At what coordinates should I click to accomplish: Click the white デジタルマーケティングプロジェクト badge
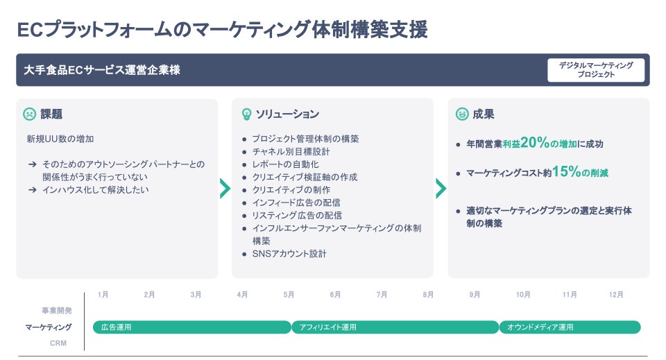point(596,70)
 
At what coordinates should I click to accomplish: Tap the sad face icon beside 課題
point(29,114)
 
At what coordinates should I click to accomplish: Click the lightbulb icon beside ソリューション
point(246,114)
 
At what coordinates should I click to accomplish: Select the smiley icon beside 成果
point(462,114)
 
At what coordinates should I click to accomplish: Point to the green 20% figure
point(534,143)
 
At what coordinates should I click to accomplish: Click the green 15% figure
point(566,172)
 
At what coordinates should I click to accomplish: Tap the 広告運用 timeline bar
point(191,327)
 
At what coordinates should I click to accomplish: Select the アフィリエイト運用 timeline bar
point(395,327)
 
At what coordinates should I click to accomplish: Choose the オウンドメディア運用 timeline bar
point(570,327)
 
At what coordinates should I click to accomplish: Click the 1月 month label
point(103,295)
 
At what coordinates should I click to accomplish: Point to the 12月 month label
point(616,295)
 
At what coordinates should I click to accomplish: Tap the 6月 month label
point(335,295)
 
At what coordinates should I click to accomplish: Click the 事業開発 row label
point(56,311)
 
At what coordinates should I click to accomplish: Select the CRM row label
point(58,343)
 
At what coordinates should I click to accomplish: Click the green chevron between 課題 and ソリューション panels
point(225,188)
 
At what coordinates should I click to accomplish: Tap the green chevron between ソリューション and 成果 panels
point(441,188)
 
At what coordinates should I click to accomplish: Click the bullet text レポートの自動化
point(285,164)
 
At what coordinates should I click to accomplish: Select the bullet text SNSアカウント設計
point(289,254)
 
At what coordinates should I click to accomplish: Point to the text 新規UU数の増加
point(60,139)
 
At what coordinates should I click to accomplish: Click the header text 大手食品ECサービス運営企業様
point(103,70)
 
